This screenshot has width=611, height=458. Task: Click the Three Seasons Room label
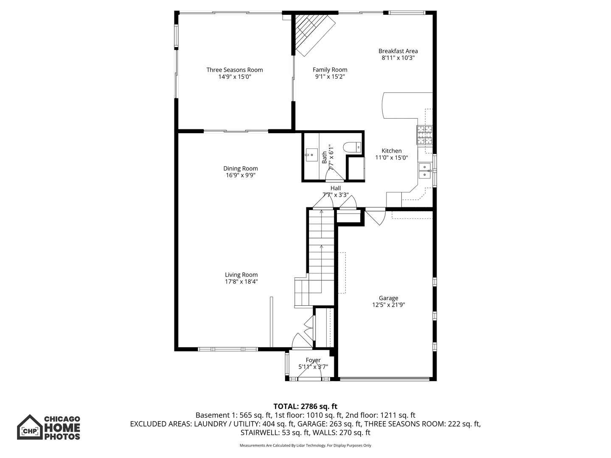pos(234,70)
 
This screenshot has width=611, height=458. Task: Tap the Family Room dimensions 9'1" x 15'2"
pos(330,77)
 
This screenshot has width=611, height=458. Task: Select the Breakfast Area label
pos(398,51)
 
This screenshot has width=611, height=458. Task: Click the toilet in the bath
pos(352,147)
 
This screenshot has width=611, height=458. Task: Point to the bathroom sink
pos(311,155)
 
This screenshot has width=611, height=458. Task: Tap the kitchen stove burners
pos(424,135)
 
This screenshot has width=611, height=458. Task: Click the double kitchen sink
pos(425,171)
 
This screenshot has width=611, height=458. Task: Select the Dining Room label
pos(241,168)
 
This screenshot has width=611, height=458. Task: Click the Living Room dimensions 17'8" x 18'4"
pos(241,282)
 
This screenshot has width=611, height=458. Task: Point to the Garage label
pos(388,298)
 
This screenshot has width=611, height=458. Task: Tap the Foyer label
pos(313,360)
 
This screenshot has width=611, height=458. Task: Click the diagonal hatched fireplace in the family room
pos(314,35)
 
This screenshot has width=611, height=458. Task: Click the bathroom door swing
pos(335,175)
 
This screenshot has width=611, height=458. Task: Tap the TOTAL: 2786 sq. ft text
pos(305,407)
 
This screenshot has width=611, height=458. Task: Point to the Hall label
pos(336,188)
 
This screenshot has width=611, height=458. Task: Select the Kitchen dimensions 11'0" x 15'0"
pos(391,158)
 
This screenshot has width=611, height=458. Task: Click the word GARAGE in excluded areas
pos(309,424)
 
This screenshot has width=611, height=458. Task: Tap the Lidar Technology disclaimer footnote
pos(305,445)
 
